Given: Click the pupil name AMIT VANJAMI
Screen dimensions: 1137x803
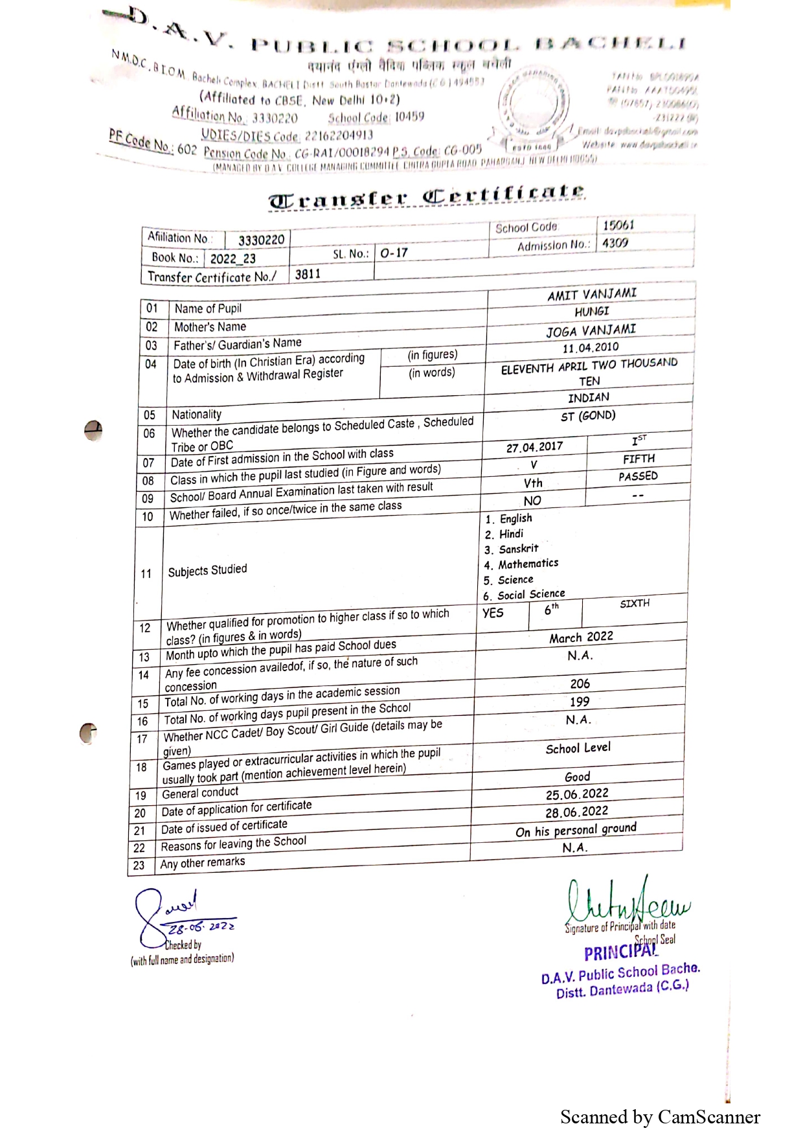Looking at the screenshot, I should [x=591, y=294].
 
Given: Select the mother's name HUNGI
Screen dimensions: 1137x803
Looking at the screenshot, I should [x=591, y=312].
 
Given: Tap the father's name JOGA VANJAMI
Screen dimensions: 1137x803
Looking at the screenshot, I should [x=591, y=330].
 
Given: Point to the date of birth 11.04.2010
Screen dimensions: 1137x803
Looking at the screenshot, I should [x=590, y=348].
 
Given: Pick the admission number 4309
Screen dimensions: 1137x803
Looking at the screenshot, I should [x=615, y=243].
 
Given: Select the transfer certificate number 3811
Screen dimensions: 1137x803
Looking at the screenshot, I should [x=308, y=274].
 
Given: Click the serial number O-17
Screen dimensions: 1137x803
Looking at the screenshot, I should [x=394, y=253].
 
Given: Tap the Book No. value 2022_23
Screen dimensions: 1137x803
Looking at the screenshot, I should [x=232, y=258].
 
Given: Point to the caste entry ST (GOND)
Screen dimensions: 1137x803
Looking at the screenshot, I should [x=588, y=416].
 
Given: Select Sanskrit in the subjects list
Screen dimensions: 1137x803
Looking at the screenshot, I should [x=518, y=549].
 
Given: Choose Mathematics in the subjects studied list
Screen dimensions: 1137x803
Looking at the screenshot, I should [x=528, y=564].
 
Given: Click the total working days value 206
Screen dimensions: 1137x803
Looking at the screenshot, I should [x=580, y=683].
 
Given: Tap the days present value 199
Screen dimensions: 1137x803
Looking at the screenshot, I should [x=579, y=702].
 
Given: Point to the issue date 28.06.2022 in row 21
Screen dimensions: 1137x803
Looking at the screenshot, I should [x=576, y=811].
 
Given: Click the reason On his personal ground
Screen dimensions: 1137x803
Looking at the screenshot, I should [x=576, y=830].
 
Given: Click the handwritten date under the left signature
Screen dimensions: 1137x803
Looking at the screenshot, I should [x=201, y=926].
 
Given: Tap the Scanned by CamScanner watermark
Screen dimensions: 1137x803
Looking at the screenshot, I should [x=660, y=1117].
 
